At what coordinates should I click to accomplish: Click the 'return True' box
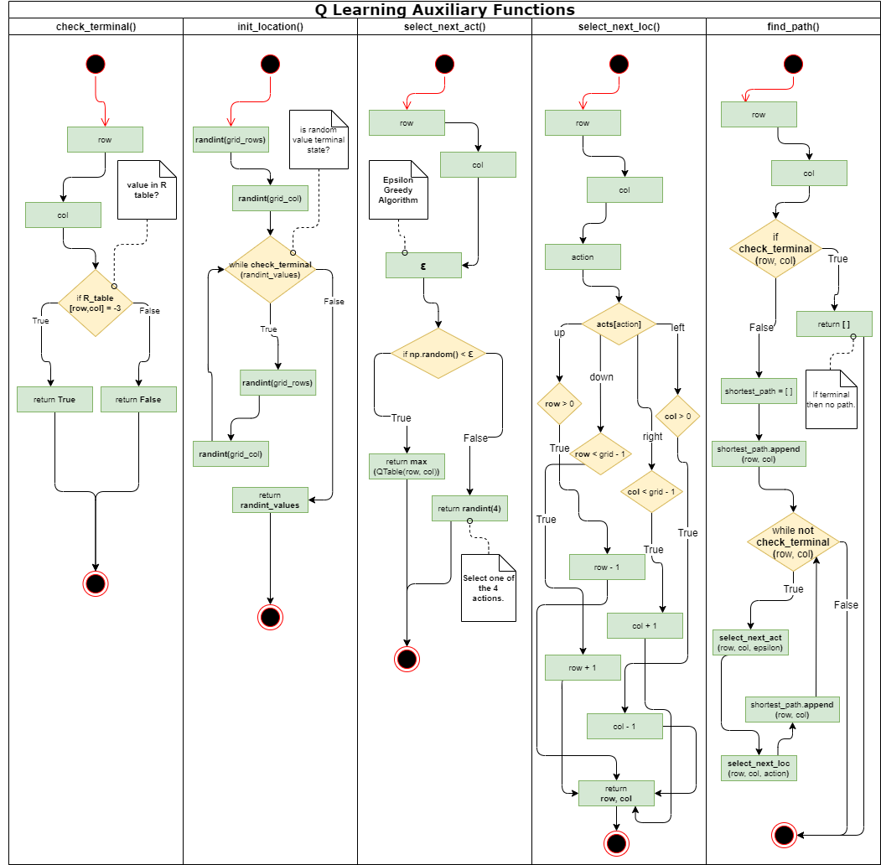tap(54, 399)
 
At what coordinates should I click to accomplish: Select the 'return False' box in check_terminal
tap(138, 399)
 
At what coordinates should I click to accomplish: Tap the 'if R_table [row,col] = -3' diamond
tap(96, 303)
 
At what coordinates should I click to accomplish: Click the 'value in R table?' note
tap(147, 189)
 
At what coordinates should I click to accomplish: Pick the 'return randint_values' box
tap(270, 500)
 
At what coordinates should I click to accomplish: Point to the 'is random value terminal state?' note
tap(319, 139)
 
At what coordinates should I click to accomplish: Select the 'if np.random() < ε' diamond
tap(438, 354)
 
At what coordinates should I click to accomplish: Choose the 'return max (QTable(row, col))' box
tap(407, 467)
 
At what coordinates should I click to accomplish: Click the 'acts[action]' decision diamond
tap(619, 324)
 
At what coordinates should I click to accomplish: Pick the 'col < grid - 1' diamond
tap(652, 491)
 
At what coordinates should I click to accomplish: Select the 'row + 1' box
tap(583, 667)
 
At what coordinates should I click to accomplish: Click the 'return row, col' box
tap(616, 793)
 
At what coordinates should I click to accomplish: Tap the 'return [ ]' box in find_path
tap(834, 324)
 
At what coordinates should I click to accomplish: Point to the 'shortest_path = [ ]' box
tap(759, 391)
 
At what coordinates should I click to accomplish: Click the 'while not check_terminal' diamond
tap(793, 542)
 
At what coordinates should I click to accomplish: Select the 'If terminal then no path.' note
tap(831, 399)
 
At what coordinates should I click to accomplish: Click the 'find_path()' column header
tap(793, 26)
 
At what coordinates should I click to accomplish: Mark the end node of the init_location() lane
tap(270, 617)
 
